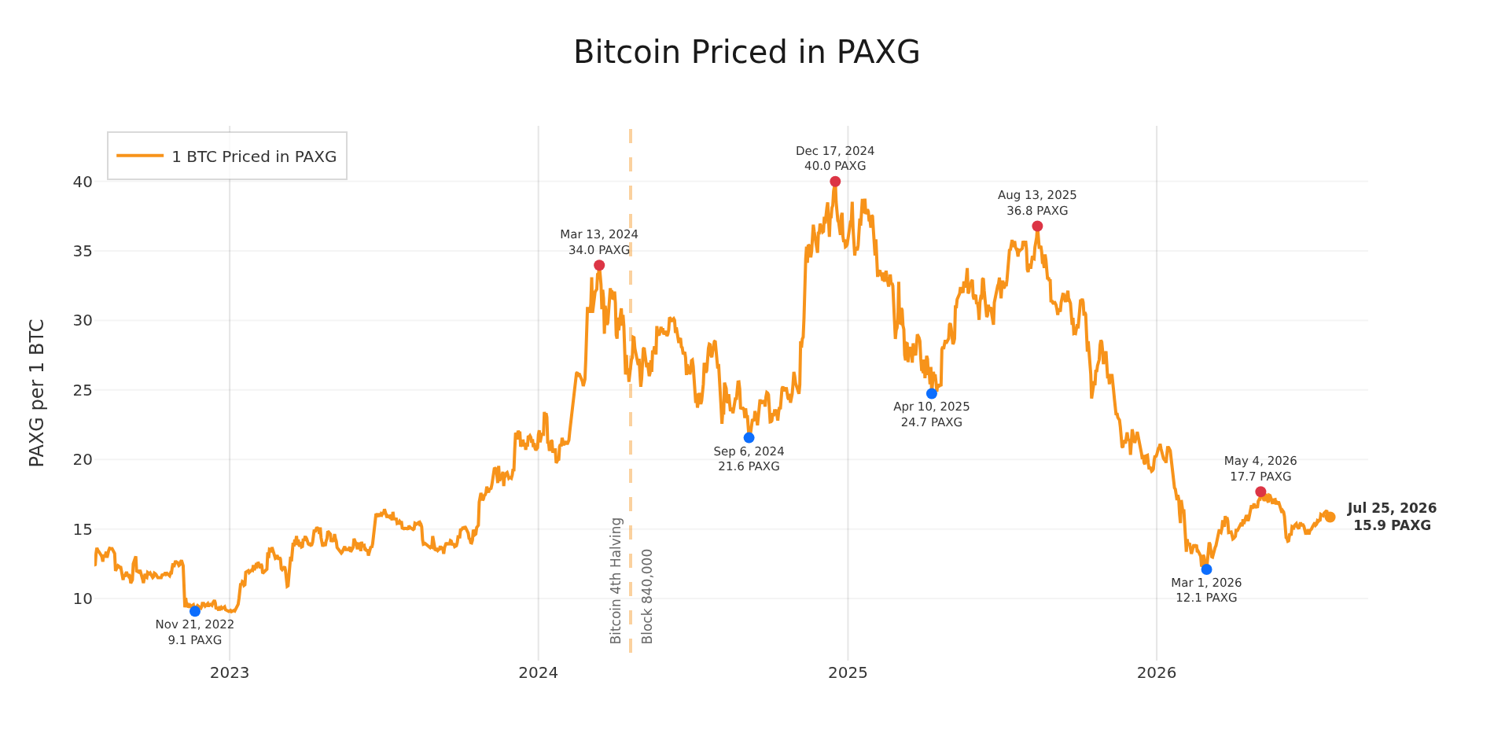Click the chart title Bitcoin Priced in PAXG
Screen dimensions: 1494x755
click(x=746, y=53)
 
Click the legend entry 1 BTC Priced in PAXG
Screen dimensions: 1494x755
click(x=227, y=157)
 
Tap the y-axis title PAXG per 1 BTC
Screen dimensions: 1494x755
click(x=36, y=392)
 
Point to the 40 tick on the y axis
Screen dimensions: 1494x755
click(x=83, y=182)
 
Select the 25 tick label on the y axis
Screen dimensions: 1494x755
click(x=83, y=390)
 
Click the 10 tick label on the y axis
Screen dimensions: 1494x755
click(x=83, y=598)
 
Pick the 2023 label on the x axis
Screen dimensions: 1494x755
click(x=230, y=672)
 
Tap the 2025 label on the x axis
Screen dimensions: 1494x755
click(x=848, y=672)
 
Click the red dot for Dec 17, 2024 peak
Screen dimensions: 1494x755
click(x=835, y=182)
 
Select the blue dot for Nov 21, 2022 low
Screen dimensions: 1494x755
click(x=195, y=611)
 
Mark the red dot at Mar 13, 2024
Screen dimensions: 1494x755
click(x=599, y=265)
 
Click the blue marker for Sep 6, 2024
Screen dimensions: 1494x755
click(x=749, y=437)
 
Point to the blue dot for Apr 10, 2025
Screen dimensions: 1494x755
click(x=932, y=393)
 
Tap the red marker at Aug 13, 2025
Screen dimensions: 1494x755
click(x=1037, y=226)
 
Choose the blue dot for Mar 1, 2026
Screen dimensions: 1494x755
click(x=1206, y=569)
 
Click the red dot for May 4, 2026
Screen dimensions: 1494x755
click(x=1260, y=492)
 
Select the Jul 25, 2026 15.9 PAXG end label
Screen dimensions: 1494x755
click(x=1392, y=517)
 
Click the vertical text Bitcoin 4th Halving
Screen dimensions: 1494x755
click(x=616, y=580)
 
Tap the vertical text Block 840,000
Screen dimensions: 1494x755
click(x=647, y=596)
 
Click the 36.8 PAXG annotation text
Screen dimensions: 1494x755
click(x=1037, y=211)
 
